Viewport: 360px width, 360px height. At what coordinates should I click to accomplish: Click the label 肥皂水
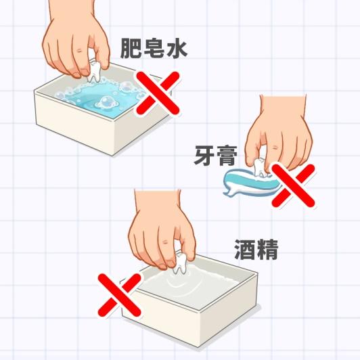pos(154,48)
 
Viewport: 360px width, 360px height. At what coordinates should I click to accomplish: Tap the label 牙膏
pos(216,156)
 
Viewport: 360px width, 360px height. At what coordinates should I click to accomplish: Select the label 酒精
pos(256,250)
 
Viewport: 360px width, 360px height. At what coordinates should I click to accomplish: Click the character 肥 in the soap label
pos(131,48)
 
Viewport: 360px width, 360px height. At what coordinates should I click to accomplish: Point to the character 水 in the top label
pos(177,48)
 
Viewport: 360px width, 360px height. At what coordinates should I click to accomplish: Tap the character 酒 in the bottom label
pos(245,250)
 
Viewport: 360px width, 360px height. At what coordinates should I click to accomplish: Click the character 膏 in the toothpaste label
pos(227,156)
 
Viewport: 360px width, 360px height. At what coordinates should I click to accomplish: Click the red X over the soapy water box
pos(158,93)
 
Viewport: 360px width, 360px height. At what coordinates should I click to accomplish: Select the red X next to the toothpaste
pos(293,185)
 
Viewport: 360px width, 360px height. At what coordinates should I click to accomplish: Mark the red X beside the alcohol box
pos(119,295)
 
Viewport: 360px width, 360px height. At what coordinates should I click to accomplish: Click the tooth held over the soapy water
pos(93,72)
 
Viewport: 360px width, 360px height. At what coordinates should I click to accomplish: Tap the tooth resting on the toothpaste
pos(260,167)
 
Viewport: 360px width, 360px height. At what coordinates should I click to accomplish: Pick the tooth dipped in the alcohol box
pos(180,264)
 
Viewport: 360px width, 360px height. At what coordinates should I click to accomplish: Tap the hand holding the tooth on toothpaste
pos(279,133)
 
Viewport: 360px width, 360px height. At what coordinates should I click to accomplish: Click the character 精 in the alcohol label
pos(267,250)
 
